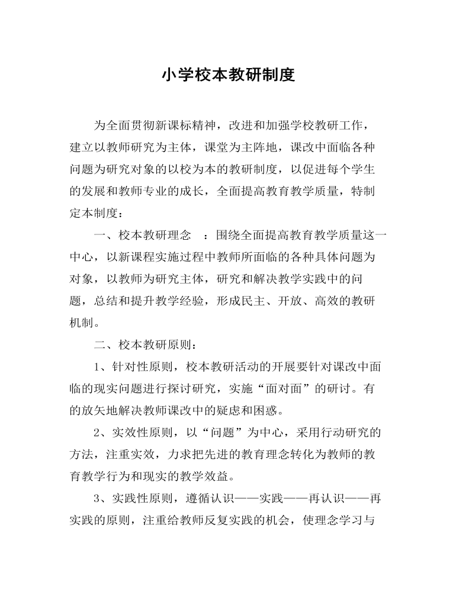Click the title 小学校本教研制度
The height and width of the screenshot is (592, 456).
tap(228, 76)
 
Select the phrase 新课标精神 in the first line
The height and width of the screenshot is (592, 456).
tap(187, 126)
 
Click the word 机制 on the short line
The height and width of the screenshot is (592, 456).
tap(82, 323)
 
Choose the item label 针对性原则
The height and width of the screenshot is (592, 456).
tap(142, 366)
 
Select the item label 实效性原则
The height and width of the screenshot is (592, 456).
tap(142, 432)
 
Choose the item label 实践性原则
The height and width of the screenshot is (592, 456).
tap(142, 498)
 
